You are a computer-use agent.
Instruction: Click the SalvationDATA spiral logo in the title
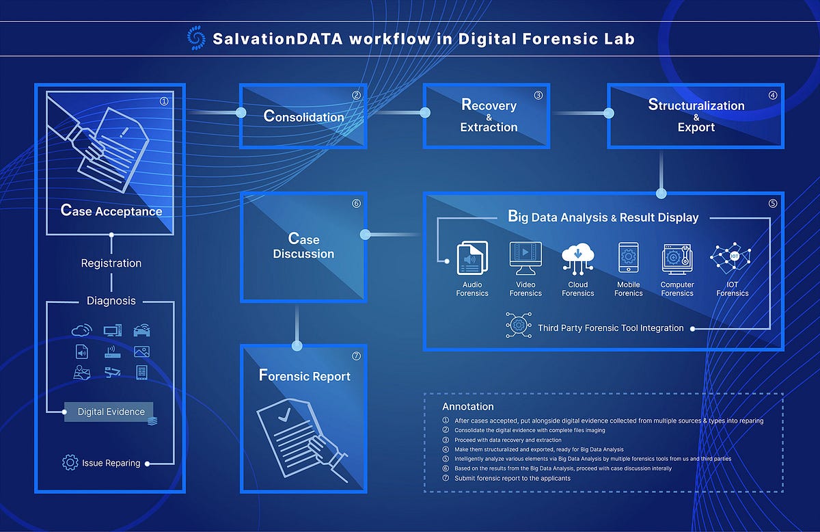[x=196, y=38]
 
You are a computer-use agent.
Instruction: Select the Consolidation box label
[x=304, y=116]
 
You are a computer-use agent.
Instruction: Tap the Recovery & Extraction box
[x=489, y=116]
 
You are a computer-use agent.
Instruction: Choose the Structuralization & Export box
[x=696, y=116]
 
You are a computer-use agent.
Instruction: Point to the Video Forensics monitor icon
[x=525, y=258]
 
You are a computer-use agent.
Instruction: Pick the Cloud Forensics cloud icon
[x=578, y=258]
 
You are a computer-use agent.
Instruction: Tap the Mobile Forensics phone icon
[x=628, y=258]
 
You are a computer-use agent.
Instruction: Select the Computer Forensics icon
[x=677, y=258]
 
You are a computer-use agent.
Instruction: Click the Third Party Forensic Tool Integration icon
[x=519, y=326]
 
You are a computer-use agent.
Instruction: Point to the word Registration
[x=111, y=263]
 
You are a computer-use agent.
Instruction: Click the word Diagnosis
[x=111, y=301]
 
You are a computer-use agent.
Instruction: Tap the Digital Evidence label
[x=111, y=412]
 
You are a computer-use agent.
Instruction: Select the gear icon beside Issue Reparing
[x=70, y=463]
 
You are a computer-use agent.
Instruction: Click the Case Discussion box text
[x=304, y=246]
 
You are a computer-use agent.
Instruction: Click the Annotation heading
[x=468, y=407]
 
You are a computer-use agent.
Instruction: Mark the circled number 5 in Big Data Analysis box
[x=773, y=203]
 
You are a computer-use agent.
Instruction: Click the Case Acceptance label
[x=111, y=211]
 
